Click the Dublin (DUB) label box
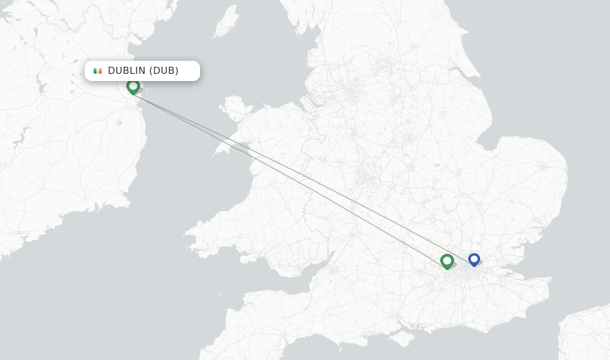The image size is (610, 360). click(142, 71)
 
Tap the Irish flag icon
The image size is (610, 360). click(98, 71)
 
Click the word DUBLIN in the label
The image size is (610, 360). click(126, 71)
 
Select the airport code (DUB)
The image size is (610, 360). click(164, 71)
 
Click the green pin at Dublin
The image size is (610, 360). click(133, 86)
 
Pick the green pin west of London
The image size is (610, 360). click(447, 260)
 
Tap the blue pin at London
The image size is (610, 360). click(474, 259)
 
